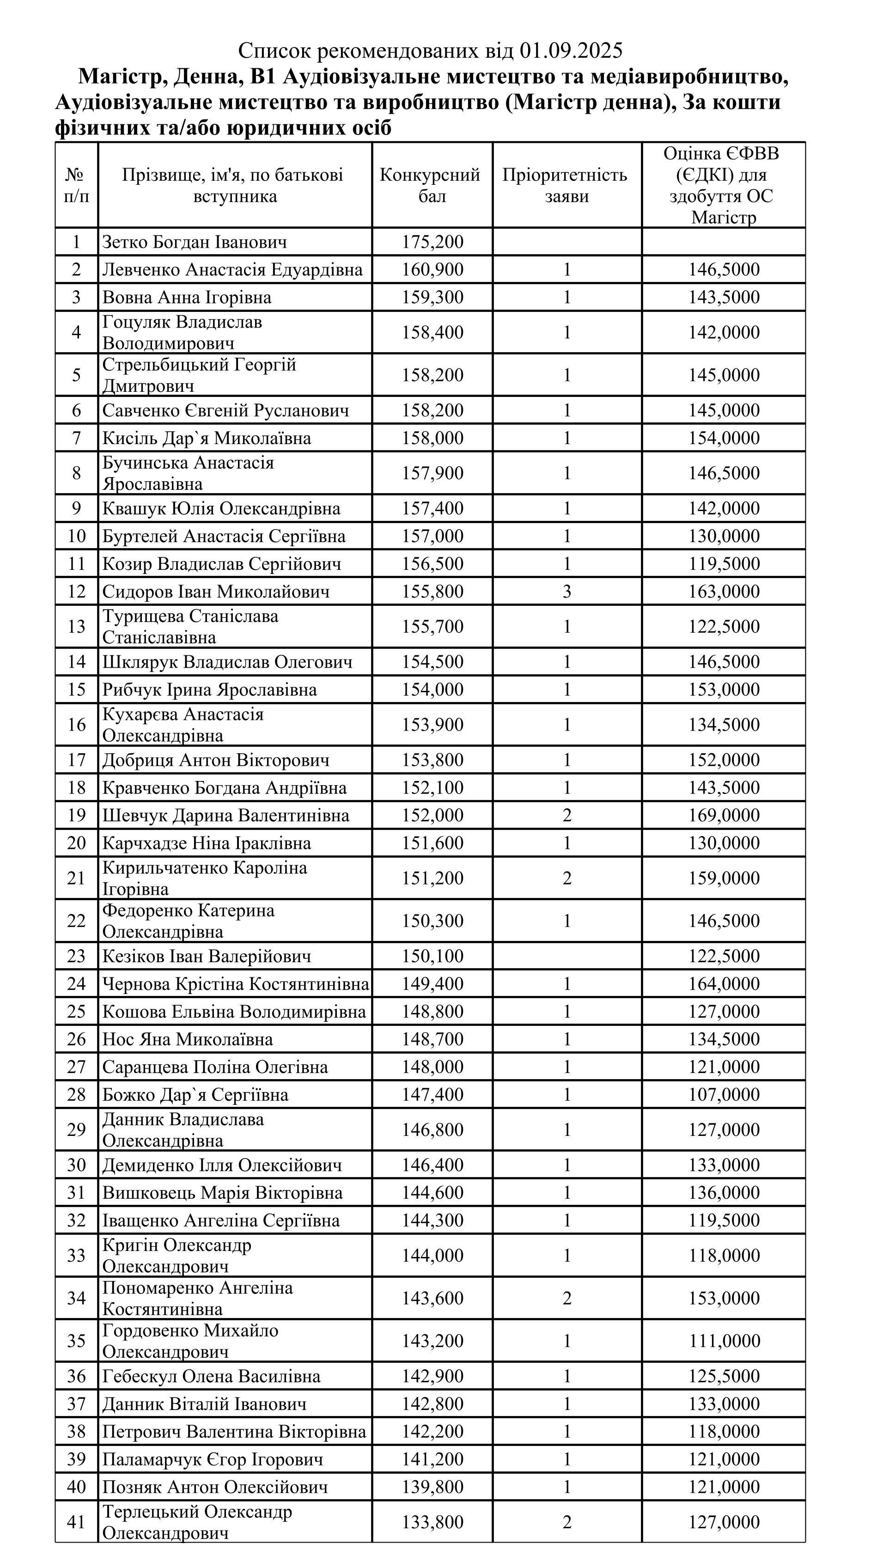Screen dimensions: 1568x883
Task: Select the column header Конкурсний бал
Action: coord(432,185)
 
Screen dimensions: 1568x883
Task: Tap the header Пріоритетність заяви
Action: coord(566,185)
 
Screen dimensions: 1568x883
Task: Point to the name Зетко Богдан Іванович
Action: coord(194,242)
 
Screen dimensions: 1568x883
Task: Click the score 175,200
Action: coord(432,242)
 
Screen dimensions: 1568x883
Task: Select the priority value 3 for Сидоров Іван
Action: coord(566,592)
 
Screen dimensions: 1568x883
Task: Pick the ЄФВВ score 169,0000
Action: coord(724,815)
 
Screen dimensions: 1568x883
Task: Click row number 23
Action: coord(76,956)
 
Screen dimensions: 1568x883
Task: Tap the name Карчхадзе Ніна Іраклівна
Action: coord(206,843)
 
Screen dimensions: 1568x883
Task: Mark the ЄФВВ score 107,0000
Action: coord(724,1094)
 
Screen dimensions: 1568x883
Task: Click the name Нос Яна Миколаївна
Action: coord(188,1039)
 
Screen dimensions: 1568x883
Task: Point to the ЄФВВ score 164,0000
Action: coord(724,984)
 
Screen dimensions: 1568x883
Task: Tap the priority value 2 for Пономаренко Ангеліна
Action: coord(566,1298)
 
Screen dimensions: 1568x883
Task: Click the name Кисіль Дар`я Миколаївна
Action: coord(206,438)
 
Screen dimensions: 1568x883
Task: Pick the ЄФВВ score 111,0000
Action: coord(724,1341)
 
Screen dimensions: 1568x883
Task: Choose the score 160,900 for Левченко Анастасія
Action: coord(432,270)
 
